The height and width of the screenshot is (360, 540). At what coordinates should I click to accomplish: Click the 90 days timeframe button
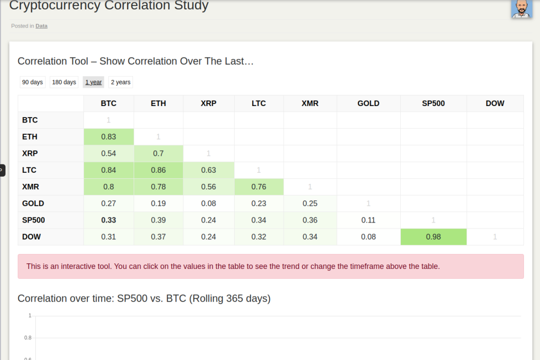click(33, 82)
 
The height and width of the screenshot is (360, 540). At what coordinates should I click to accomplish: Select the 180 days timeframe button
click(64, 82)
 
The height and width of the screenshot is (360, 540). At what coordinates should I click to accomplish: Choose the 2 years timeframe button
click(120, 82)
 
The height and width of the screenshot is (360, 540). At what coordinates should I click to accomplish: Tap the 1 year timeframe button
click(93, 82)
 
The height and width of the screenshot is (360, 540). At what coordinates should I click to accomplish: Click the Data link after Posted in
click(41, 26)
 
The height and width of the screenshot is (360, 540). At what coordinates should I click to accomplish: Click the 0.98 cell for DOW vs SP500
click(433, 237)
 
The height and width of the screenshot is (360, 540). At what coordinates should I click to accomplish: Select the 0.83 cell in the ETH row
click(108, 137)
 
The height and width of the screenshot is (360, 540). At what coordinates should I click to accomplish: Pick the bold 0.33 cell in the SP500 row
click(108, 220)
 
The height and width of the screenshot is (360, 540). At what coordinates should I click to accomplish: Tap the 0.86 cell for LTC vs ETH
click(158, 170)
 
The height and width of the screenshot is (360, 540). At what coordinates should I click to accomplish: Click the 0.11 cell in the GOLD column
click(368, 220)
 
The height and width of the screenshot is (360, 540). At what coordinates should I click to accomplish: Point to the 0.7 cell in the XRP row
click(158, 153)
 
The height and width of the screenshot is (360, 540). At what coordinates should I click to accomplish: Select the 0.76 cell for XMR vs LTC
click(258, 187)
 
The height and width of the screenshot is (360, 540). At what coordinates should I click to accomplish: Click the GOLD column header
click(368, 103)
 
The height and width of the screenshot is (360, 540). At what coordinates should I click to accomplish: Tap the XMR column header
click(310, 103)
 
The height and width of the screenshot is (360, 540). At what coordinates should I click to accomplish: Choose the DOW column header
click(495, 103)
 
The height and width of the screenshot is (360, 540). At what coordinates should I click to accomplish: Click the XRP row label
click(30, 153)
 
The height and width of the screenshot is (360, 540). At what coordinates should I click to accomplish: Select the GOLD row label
click(33, 203)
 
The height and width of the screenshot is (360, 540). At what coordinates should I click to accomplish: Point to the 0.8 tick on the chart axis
click(28, 338)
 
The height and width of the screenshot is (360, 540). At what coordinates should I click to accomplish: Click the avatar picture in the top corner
click(521, 8)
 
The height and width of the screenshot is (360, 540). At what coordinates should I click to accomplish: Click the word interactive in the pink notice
click(77, 266)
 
